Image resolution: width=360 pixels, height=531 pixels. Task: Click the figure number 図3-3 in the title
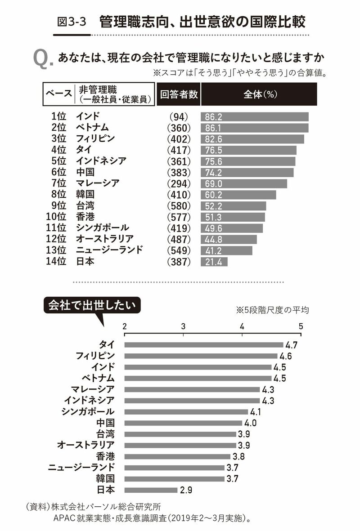(72, 21)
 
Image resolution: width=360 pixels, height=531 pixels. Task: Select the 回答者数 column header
(179, 94)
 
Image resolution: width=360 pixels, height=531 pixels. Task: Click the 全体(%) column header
(259, 94)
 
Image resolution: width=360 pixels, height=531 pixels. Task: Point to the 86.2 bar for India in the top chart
(254, 117)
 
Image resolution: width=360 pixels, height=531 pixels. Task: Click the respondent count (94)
(179, 117)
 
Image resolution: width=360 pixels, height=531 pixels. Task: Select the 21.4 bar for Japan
(214, 262)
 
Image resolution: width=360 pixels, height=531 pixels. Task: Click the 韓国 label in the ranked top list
(85, 194)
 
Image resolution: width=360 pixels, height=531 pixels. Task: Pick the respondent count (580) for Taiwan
(179, 205)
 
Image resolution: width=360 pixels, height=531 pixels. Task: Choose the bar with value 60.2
(238, 194)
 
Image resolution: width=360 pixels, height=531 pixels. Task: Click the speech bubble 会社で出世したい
(92, 305)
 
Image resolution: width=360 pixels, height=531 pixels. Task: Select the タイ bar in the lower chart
(203, 345)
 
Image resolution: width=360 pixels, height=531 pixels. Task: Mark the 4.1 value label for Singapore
(256, 412)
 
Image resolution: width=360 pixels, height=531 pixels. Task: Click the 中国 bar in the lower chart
(183, 423)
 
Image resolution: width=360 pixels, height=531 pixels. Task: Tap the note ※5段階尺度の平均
(272, 310)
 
